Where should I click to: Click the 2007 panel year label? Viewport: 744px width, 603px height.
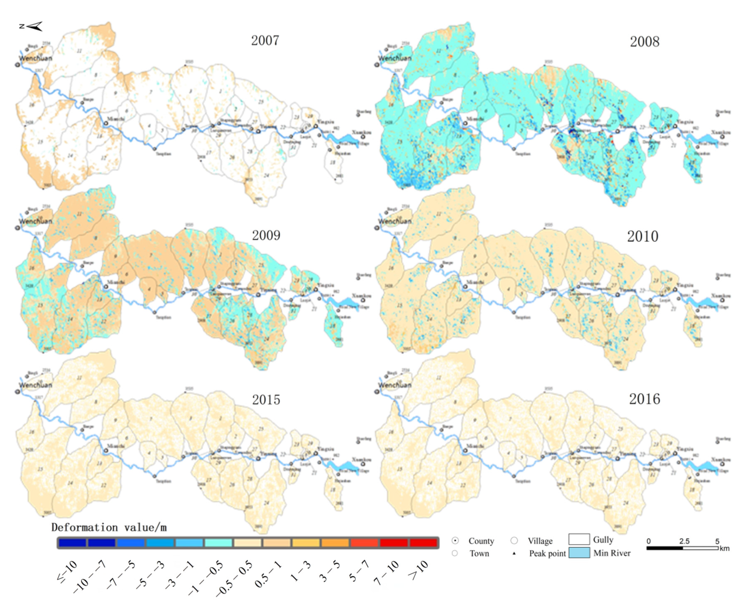pos(265,40)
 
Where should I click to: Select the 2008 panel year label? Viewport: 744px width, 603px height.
pos(644,42)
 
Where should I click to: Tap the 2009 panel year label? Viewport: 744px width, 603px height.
pos(266,235)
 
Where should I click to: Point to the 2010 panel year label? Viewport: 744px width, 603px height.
pos(642,237)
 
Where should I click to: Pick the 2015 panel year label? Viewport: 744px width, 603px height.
pos(266,400)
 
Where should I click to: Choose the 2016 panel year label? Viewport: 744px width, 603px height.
pos(644,399)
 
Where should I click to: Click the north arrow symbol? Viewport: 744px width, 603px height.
pos(31,26)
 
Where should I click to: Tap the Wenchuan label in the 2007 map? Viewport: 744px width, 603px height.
pos(35,58)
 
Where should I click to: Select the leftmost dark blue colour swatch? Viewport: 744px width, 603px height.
pos(72,543)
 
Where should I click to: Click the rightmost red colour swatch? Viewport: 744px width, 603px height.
pos(423,543)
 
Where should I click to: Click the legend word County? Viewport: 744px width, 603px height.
pos(481,541)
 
